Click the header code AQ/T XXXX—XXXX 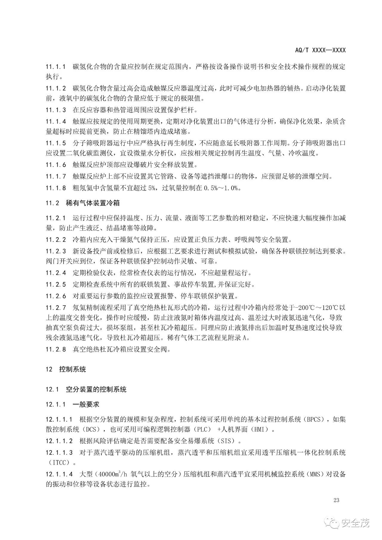(x=320, y=50)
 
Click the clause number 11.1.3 (x=56, y=110)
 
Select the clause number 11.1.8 (x=56, y=188)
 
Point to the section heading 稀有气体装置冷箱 (x=93, y=203)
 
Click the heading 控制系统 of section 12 (x=73, y=369)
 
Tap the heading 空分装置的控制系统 (x=96, y=389)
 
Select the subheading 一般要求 (x=86, y=405)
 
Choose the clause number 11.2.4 (x=56, y=273)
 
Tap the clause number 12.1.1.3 (x=59, y=453)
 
